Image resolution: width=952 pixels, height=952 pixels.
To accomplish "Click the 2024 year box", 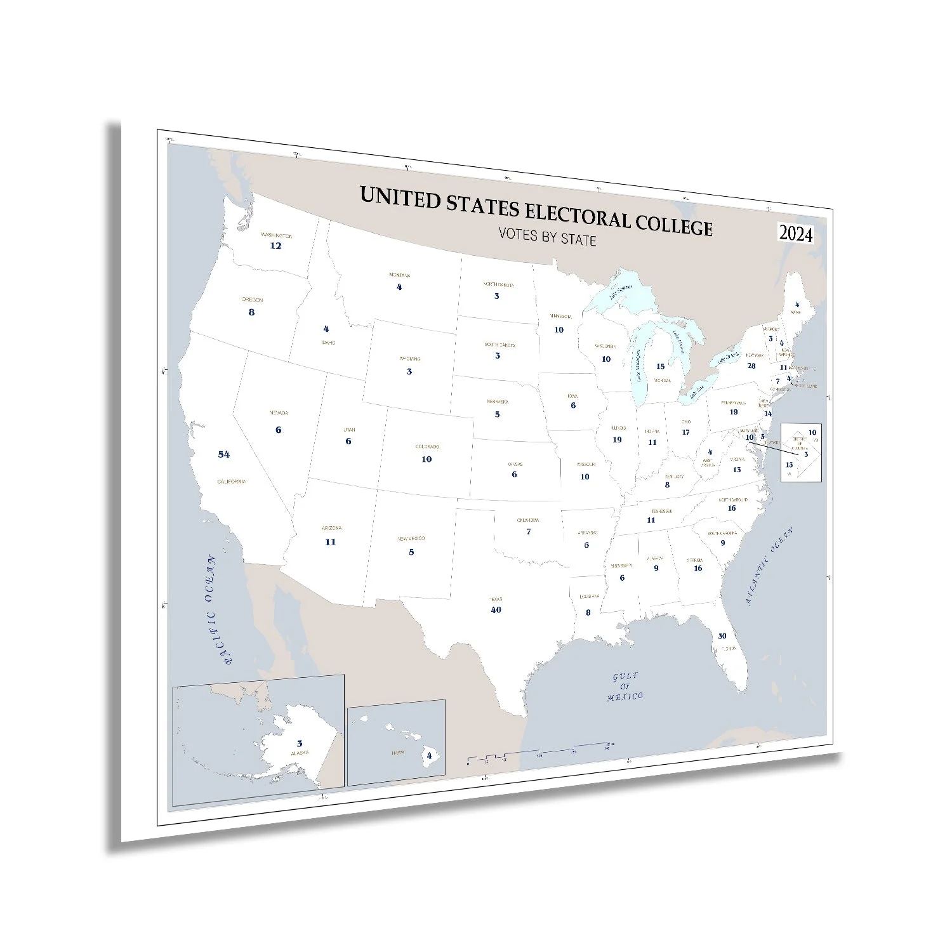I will point(796,234).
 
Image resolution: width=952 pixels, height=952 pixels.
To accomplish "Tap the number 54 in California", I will point(224,454).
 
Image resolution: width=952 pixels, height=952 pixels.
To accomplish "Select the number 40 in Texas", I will point(496,610).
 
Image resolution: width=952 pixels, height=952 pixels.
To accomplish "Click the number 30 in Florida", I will point(722,636).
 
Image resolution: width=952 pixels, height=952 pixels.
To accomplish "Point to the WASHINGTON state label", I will point(276,235).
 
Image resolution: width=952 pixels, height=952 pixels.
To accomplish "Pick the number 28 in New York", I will point(751,366).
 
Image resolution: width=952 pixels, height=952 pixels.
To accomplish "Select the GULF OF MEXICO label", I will point(625,687).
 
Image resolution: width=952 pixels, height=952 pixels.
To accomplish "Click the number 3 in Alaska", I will point(300,743).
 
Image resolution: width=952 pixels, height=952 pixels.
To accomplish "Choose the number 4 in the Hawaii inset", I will point(430,756).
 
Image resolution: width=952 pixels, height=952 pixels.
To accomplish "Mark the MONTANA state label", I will point(399,275).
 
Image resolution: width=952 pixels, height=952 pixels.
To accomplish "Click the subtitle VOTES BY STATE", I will point(547,237).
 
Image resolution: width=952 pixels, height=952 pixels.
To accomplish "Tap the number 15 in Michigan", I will point(660,366).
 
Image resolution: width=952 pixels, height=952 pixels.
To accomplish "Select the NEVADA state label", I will point(279,413).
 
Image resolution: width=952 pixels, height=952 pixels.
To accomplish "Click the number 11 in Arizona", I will point(330,542).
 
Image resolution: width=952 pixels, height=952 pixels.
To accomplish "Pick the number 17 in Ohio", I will point(685,433).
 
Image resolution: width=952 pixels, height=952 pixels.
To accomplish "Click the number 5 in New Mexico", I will point(411,552).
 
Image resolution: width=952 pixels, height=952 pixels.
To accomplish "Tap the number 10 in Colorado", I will point(426,459).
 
